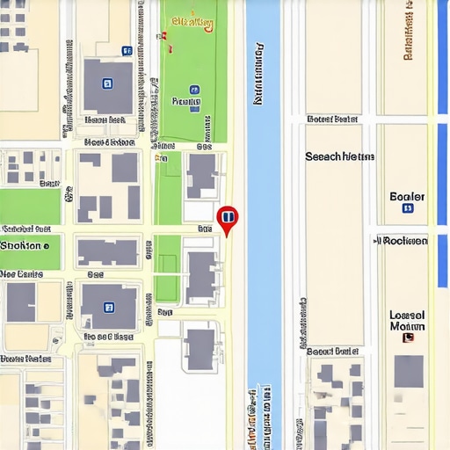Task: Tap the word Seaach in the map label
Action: (x=323, y=156)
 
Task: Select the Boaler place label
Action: (x=407, y=196)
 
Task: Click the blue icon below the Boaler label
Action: (x=407, y=209)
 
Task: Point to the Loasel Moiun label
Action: (x=407, y=321)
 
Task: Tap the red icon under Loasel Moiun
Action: (x=406, y=337)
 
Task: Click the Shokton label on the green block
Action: (x=25, y=245)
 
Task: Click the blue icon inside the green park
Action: (x=194, y=90)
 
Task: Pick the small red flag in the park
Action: (x=162, y=36)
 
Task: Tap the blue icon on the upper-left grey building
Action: (x=107, y=83)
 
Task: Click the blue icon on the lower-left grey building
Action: (x=108, y=307)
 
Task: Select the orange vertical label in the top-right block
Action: (x=408, y=32)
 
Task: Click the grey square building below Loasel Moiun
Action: (x=408, y=370)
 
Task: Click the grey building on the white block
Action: (x=200, y=348)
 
